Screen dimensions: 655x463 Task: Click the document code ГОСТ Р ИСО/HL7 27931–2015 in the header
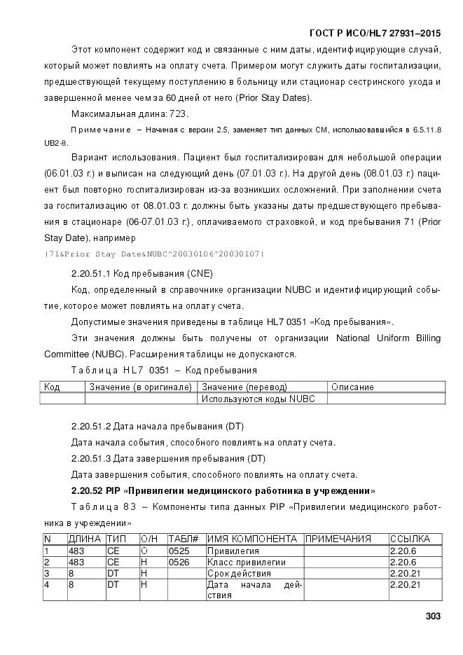pos(375,33)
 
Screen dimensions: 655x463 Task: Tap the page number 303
pos(432,616)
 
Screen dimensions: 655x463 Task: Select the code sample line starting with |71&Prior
pos(154,253)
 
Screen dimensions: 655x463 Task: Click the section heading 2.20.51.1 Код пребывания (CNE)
pos(141,273)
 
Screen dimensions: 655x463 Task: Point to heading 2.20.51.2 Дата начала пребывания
pos(157,426)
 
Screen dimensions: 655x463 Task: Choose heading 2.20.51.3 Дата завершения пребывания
pos(168,458)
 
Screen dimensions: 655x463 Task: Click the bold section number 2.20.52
pos(89,490)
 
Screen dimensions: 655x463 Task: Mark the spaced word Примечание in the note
pos(101,130)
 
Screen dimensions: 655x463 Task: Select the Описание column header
pos(352,387)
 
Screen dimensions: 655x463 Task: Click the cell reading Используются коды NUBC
pos(258,399)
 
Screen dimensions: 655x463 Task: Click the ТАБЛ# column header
pos(184,539)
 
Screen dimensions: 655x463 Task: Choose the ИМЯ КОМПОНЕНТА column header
pos(252,539)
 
